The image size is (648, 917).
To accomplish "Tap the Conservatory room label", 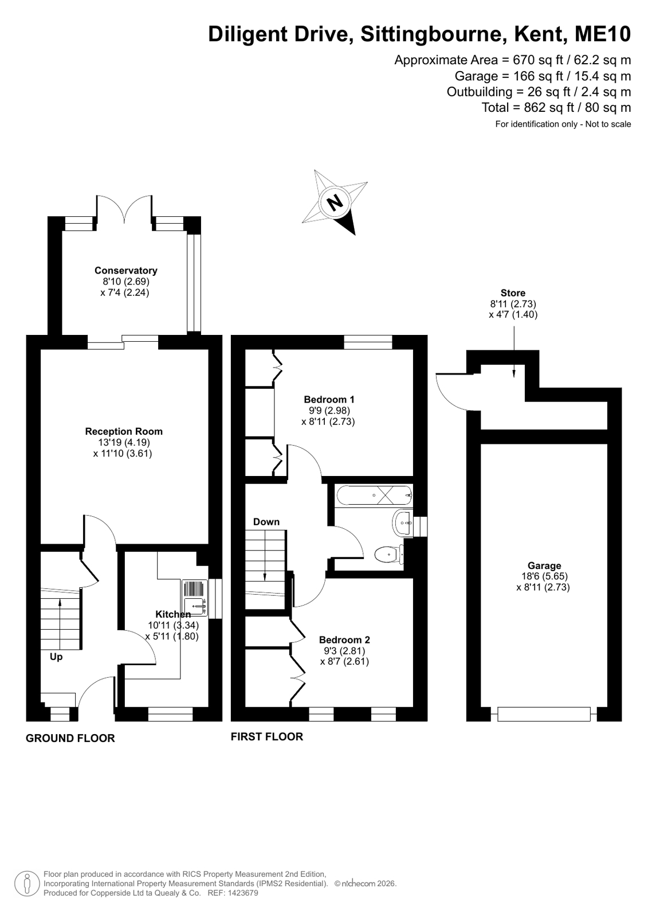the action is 125,270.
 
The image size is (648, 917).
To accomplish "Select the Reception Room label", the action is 124,431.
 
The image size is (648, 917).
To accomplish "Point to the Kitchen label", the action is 173,614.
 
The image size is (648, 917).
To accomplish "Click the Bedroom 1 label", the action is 329,399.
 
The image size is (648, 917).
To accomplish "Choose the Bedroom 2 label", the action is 344,639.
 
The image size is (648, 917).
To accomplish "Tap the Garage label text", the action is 544,566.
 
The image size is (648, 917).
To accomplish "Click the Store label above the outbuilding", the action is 513,292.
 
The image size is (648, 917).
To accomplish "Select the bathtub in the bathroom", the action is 374,495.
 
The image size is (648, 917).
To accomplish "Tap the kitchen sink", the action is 195,598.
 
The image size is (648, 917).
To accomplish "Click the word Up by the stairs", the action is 56,657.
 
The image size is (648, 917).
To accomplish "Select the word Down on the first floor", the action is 266,521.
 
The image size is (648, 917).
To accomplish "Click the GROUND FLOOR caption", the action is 70,738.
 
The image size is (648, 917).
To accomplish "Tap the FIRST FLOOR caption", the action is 267,736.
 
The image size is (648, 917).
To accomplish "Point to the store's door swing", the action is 451,391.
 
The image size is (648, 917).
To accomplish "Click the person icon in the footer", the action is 28,884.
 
